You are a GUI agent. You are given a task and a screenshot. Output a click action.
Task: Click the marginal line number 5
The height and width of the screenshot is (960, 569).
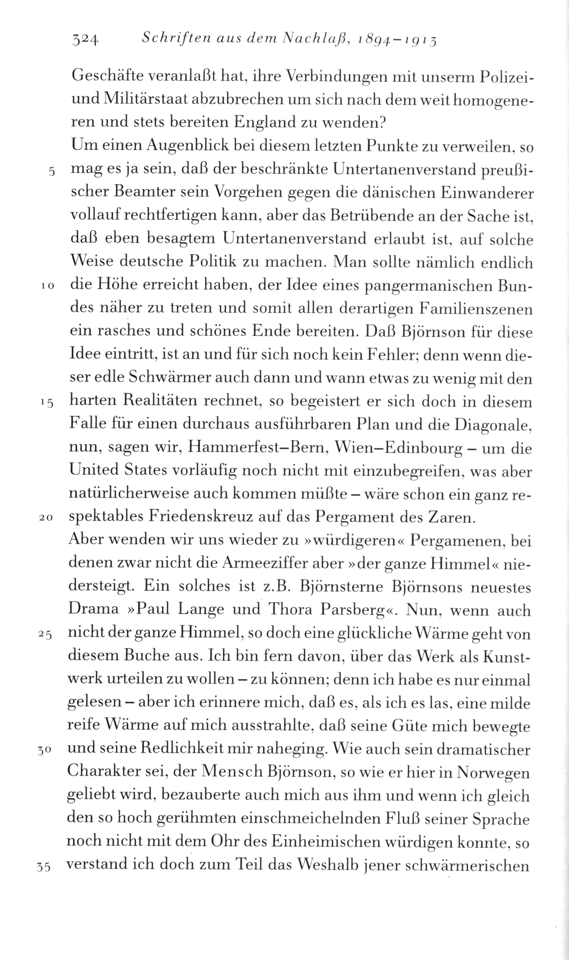coord(51,171)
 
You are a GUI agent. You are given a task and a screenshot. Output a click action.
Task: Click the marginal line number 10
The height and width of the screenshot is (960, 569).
coord(47,286)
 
